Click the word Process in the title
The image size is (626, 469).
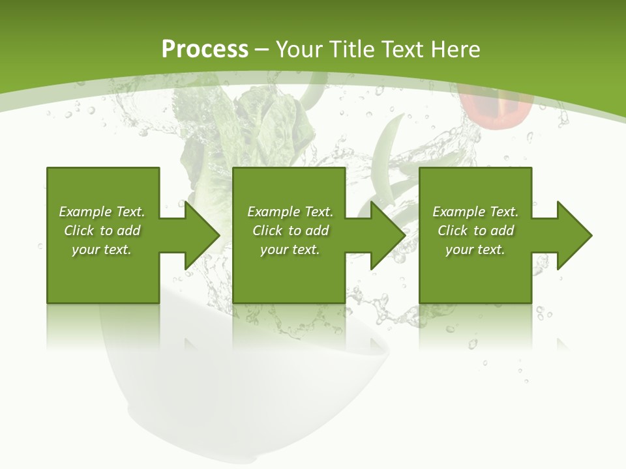205,50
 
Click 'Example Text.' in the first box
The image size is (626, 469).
102,212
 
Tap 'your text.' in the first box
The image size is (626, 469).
102,249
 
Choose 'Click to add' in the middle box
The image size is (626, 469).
290,231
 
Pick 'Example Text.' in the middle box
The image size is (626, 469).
290,212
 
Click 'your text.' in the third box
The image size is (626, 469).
475,249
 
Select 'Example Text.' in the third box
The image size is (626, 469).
475,212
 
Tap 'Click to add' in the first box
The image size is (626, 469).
102,231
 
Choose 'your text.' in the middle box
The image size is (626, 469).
290,249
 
